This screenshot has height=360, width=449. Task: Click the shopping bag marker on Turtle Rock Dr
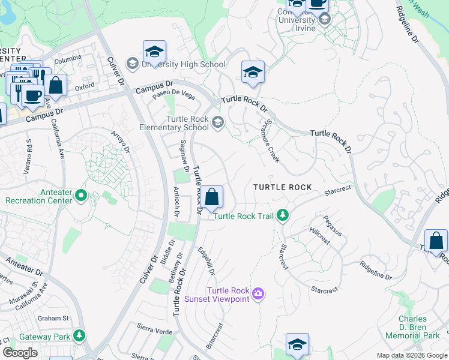[x=211, y=197]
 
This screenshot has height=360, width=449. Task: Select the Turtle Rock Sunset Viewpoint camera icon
[x=259, y=293]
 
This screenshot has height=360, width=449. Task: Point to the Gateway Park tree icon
[x=79, y=335]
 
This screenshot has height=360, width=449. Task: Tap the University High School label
[x=182, y=64]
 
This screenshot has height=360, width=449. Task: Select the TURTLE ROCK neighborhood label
[x=282, y=187]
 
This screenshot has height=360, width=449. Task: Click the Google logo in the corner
[x=19, y=352]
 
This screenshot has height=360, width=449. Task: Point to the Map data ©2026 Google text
[x=412, y=355]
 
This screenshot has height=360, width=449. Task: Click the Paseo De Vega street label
[x=173, y=95]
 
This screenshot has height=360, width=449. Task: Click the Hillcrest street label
[x=320, y=236]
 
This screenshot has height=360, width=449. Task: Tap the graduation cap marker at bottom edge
[x=297, y=345]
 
